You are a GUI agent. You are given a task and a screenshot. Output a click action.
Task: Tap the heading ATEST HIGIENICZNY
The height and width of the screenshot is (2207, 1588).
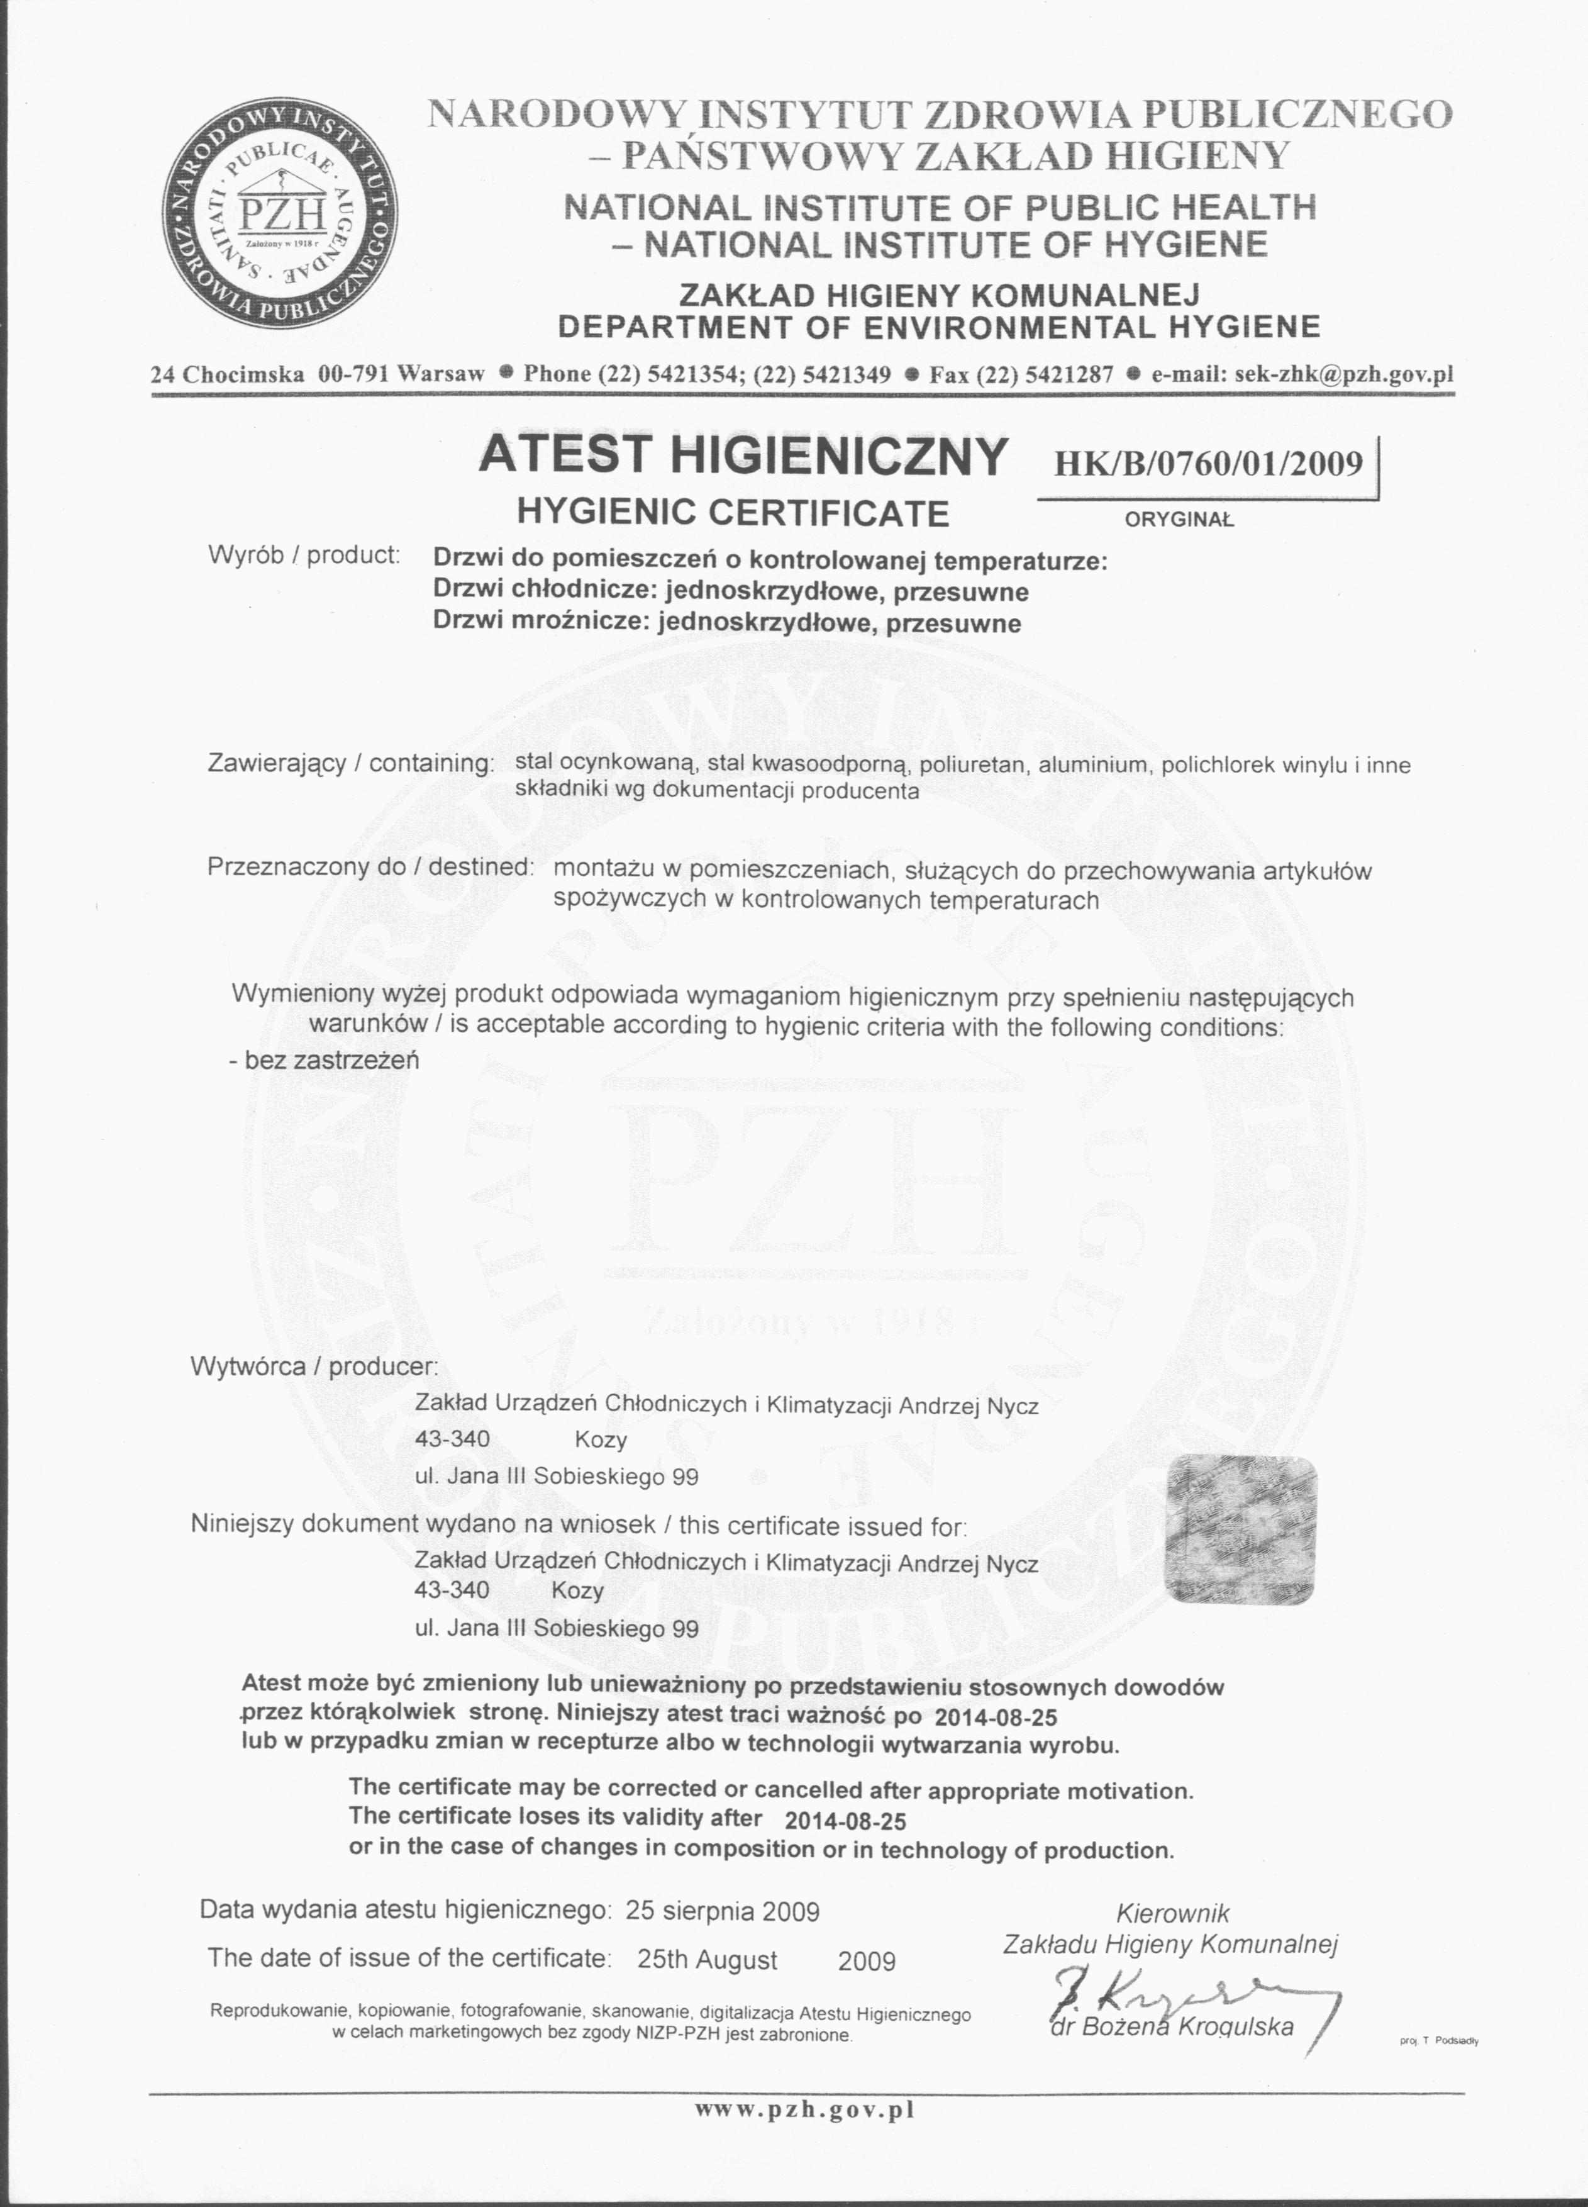[x=742, y=455]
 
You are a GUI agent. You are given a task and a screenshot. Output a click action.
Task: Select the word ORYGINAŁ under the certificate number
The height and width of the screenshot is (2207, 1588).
[x=1179, y=520]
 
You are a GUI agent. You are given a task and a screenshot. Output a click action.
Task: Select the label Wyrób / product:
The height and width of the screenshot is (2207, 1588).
[x=304, y=555]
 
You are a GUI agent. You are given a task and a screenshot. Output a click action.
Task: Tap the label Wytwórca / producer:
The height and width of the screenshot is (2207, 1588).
[x=314, y=1366]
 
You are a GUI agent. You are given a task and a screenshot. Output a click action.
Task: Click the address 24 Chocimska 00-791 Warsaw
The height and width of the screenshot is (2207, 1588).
[x=317, y=374]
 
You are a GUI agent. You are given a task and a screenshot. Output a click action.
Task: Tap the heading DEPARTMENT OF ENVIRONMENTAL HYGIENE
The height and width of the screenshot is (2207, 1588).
[x=939, y=326]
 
